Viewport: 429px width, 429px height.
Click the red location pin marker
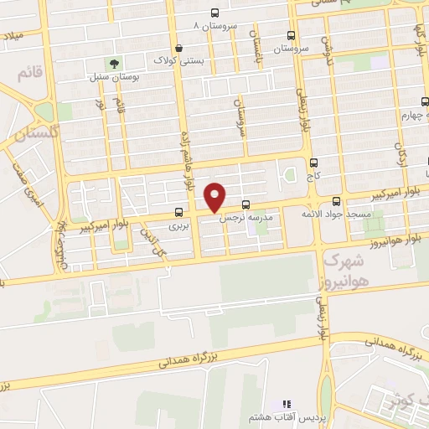pos(215,197)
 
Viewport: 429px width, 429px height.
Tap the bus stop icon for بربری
pos(178,212)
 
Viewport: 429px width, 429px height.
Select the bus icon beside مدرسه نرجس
pos(246,205)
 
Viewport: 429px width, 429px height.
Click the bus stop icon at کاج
pos(313,163)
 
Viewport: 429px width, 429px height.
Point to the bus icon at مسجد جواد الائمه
pos(336,201)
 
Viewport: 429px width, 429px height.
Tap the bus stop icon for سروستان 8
pos(215,13)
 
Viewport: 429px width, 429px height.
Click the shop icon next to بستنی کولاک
pos(179,49)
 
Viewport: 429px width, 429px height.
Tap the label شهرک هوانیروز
pos(339,271)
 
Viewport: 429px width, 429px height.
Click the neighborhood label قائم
pos(28,74)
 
